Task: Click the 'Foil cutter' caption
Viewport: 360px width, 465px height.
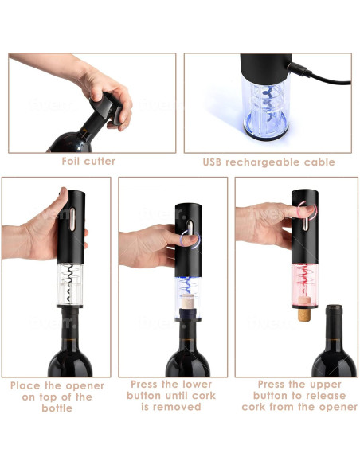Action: [x=88, y=162]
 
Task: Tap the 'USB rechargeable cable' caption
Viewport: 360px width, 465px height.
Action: [x=268, y=162]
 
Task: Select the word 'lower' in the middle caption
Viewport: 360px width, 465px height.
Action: [x=195, y=384]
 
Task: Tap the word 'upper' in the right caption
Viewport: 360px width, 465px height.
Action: [x=315, y=384]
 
